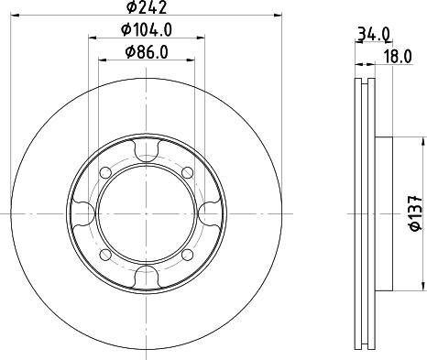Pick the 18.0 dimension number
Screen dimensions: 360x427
pos(397,57)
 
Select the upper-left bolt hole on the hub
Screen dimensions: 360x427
pos(105,171)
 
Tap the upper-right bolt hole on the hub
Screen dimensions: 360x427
pos(189,171)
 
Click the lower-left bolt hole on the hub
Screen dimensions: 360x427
pos(105,254)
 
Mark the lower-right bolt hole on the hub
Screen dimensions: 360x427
pos(189,254)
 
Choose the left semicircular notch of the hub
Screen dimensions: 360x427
pos(84,213)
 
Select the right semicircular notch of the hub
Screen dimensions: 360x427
pos(210,213)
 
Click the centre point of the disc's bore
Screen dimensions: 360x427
pos(147,213)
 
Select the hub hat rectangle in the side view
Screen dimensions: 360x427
pos(384,213)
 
